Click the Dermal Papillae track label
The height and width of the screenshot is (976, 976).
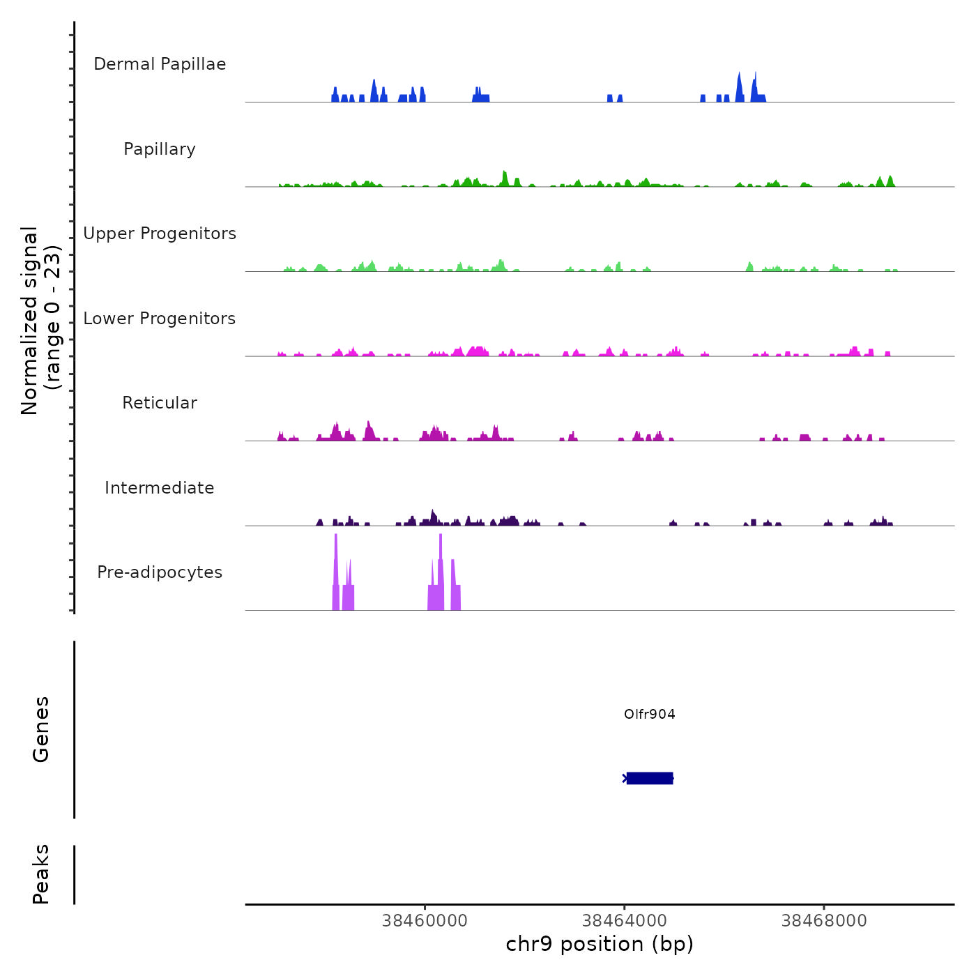click(x=160, y=64)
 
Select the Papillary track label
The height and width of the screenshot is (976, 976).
click(x=160, y=149)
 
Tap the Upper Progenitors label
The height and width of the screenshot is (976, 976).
click(x=160, y=234)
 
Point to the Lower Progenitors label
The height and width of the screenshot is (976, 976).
click(x=160, y=319)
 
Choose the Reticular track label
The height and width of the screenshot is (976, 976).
click(x=160, y=403)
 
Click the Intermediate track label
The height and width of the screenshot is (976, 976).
click(x=160, y=488)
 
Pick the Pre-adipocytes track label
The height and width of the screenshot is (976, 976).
click(x=160, y=572)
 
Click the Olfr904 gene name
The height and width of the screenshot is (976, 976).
click(x=649, y=714)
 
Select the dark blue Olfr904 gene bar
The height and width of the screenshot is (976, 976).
click(x=649, y=778)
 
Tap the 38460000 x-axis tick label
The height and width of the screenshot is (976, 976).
click(x=425, y=921)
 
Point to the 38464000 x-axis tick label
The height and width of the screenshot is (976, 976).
click(x=624, y=921)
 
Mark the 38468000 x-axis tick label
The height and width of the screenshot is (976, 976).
click(x=823, y=921)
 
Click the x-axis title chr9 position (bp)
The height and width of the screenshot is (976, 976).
click(x=600, y=944)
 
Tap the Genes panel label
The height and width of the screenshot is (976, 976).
click(x=41, y=729)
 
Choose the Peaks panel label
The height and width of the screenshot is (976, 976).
click(x=41, y=874)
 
